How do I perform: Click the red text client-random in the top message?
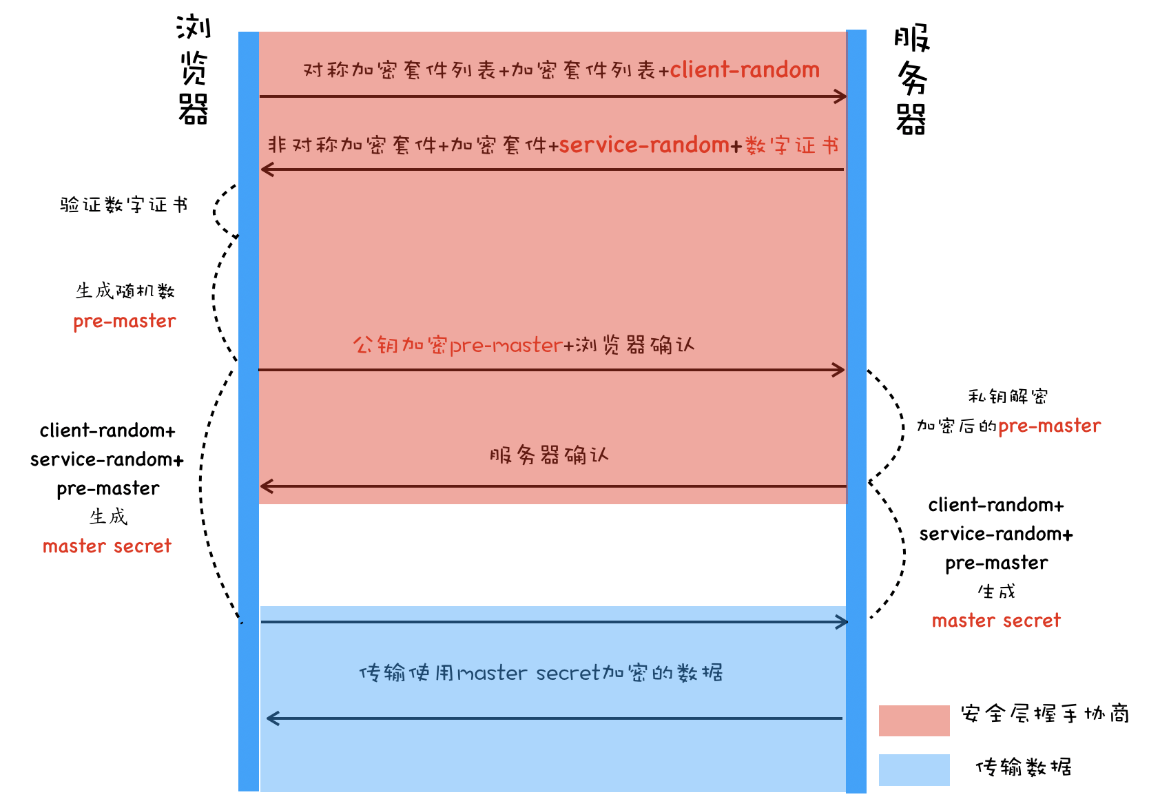click(745, 70)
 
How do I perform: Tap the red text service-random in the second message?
click(644, 145)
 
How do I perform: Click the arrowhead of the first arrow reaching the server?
click(841, 96)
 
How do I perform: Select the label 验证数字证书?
click(124, 205)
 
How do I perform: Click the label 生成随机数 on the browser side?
click(125, 291)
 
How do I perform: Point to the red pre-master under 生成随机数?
click(125, 321)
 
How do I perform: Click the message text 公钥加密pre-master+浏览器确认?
click(524, 344)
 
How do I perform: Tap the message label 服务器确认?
click(549, 455)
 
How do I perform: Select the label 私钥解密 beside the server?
click(1008, 396)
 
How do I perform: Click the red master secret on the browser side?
click(107, 546)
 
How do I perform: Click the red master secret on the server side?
click(996, 621)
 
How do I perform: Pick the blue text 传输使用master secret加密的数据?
click(541, 672)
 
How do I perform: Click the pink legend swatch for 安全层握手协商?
click(914, 720)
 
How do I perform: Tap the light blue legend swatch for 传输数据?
click(914, 770)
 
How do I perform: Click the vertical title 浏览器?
click(194, 69)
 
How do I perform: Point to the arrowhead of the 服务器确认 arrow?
click(267, 486)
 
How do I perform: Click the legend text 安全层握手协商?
click(1045, 714)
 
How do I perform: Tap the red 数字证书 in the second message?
click(791, 145)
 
